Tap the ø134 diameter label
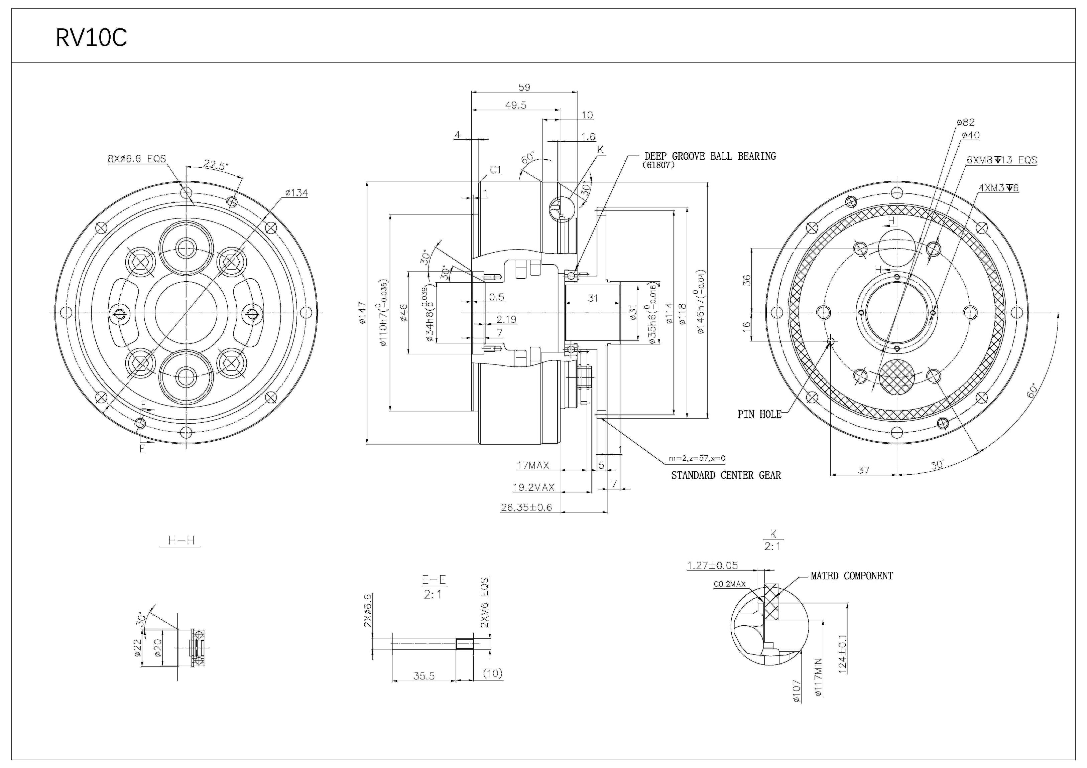pos(296,193)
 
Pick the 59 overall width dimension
pos(524,88)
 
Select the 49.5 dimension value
pos(515,105)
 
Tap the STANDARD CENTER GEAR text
pos(726,475)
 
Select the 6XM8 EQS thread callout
pos(1001,160)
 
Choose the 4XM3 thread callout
pos(998,188)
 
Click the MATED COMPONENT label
pos(851,576)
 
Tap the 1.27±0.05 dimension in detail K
pos(712,566)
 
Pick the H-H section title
pos(181,541)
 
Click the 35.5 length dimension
pos(424,676)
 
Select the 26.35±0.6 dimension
pos(526,508)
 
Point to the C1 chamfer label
pos(495,170)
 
